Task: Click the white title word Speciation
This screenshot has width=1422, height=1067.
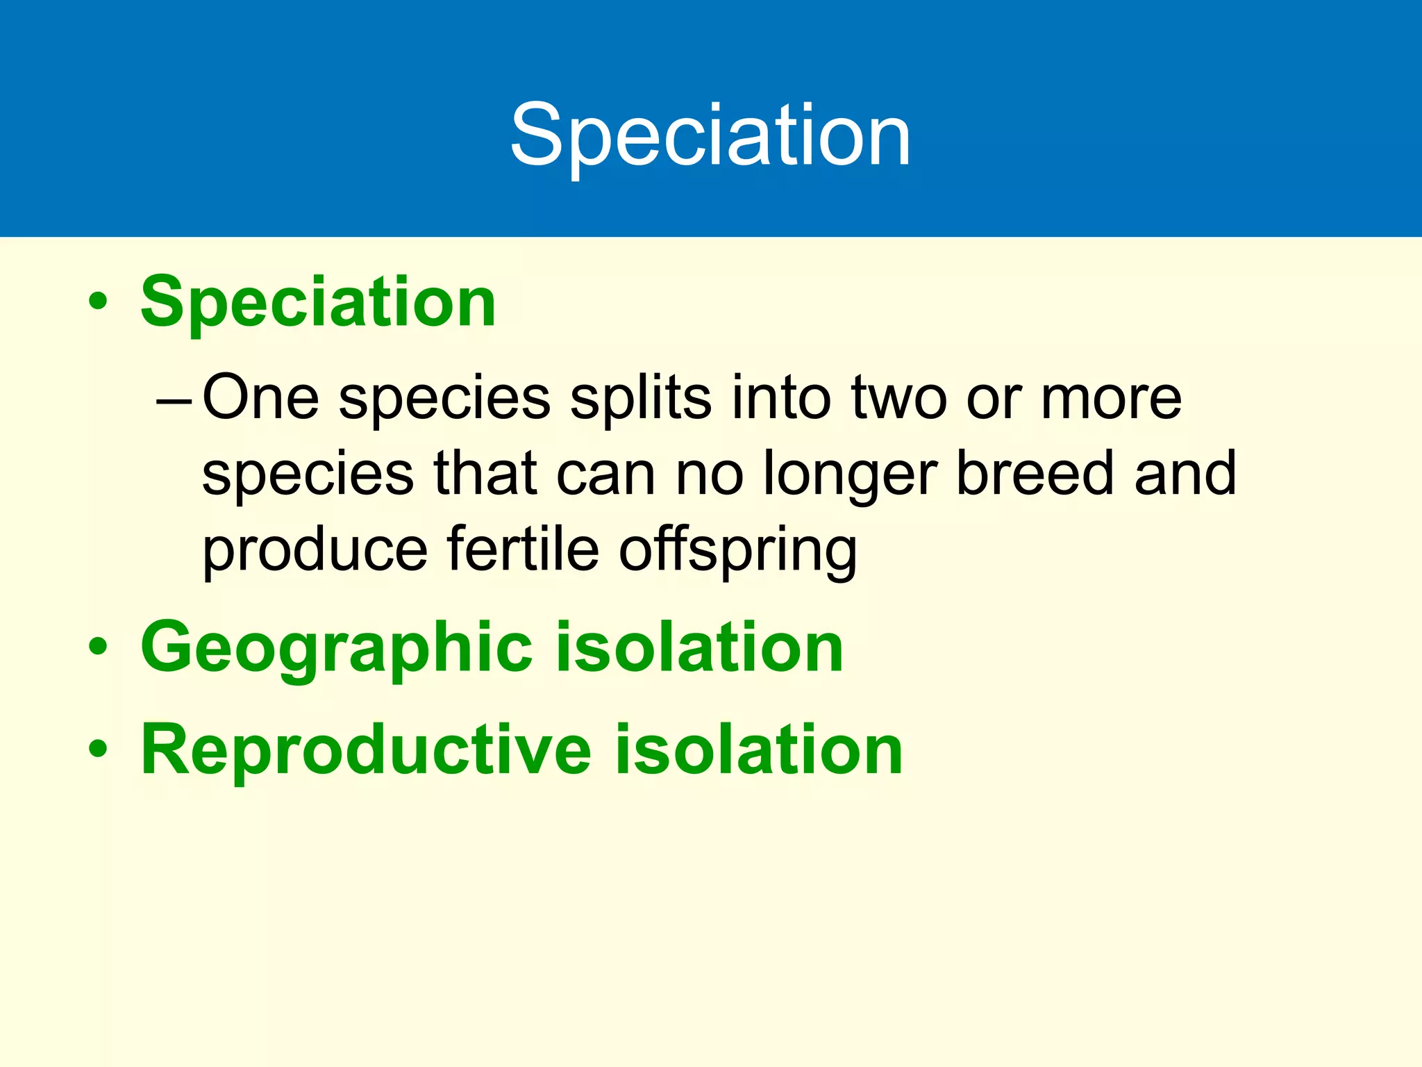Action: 710,135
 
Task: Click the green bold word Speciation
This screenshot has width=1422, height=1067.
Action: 318,301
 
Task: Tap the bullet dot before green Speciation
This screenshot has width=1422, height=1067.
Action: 98,301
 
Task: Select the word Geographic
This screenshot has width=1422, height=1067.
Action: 336,647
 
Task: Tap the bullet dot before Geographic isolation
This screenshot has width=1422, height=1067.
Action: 98,647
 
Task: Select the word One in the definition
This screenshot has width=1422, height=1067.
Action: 260,397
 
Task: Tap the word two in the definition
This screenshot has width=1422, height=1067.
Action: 899,397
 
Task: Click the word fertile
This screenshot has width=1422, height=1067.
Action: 523,549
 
